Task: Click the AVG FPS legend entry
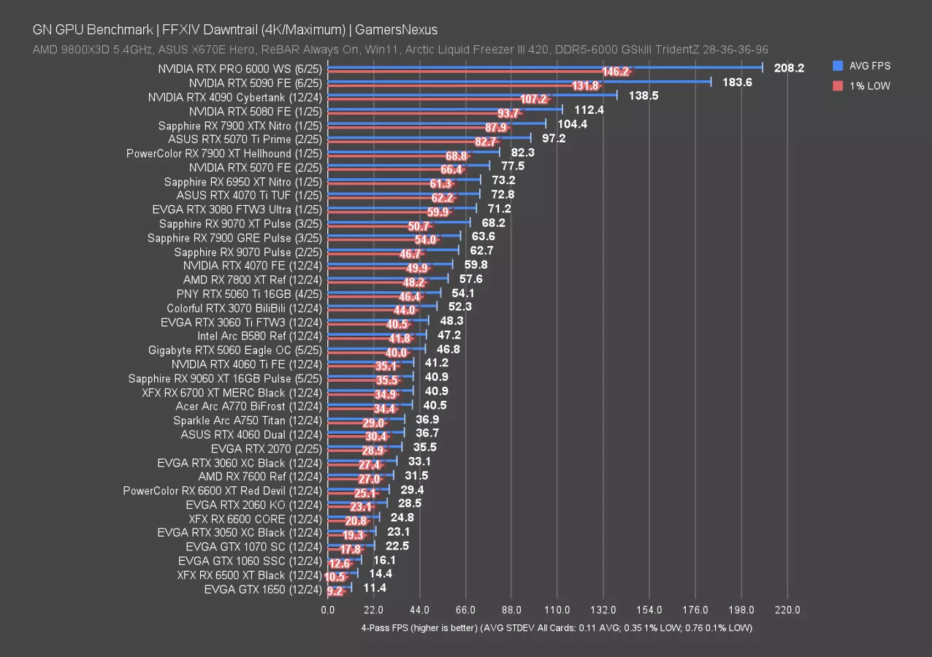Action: click(x=869, y=66)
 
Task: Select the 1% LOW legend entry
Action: click(x=868, y=86)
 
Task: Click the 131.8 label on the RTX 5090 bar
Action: click(x=585, y=86)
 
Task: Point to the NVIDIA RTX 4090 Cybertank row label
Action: click(x=234, y=97)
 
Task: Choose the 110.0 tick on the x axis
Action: click(x=557, y=610)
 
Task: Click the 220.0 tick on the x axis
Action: click(x=787, y=610)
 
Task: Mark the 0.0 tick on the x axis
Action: click(x=328, y=610)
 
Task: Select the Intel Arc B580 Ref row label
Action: click(x=259, y=336)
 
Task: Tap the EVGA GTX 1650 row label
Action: click(x=263, y=588)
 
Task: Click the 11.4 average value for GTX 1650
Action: click(x=375, y=588)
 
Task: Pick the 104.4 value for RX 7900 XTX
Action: click(x=573, y=124)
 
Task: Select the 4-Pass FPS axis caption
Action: click(x=556, y=628)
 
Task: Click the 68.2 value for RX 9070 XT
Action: click(x=494, y=223)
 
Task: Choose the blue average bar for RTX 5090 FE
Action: click(x=519, y=82)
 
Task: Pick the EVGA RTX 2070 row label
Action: click(x=266, y=448)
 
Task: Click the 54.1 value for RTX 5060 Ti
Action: click(x=464, y=293)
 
